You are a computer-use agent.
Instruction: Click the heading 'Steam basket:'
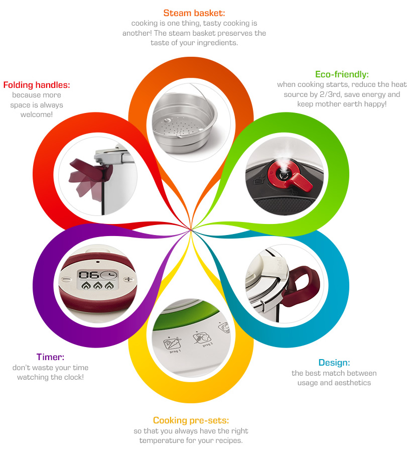194,13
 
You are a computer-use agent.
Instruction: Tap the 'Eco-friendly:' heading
342,74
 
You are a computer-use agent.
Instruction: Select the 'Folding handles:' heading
37,85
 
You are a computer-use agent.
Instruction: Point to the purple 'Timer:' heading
50,357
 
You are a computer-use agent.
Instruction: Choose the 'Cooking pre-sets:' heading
191,420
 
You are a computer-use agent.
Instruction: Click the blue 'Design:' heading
334,363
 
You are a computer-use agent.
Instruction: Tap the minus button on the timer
66,279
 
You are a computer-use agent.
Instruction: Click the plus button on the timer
128,279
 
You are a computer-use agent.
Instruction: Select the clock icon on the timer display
108,275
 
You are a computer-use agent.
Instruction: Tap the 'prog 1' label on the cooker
175,352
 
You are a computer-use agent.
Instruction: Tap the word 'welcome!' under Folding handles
37,115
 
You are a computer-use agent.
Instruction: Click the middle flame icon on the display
98,286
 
